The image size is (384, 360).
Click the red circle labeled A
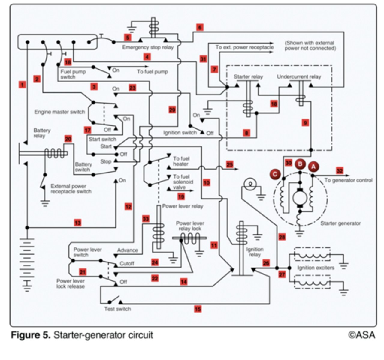pos(313,166)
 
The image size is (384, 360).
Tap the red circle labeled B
pos(300,164)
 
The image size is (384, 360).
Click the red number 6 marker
pos(200,27)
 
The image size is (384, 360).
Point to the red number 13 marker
pos(77,223)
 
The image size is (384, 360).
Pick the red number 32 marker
pos(340,171)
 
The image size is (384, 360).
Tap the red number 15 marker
pos(198,309)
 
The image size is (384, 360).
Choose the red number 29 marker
pos(172,110)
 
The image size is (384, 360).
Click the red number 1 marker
pos(22,85)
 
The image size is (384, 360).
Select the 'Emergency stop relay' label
pos(148,47)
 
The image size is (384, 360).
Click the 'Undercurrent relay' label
pos(299,77)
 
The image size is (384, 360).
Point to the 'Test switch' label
pos(117,309)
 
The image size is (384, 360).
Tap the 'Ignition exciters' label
pos(316,268)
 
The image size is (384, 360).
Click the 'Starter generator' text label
pos(340,223)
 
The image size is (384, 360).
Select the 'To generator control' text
pos(348,180)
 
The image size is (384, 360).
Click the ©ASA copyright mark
pos(361,335)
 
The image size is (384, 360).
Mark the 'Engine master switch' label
pos(60,112)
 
